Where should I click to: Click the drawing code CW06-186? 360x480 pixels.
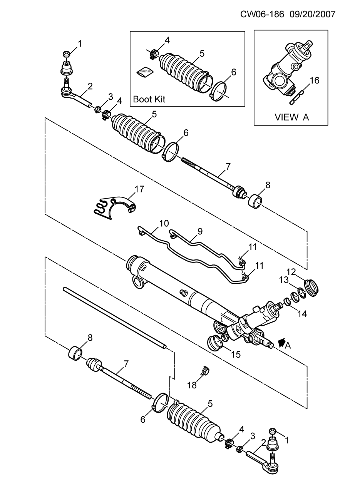point(262,14)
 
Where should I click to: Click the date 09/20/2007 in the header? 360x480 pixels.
point(312,14)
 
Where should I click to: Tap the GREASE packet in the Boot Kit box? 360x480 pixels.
point(145,72)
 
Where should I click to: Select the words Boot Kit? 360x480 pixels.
point(149,99)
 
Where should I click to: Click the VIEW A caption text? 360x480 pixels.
point(291,117)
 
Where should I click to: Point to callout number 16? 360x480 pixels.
point(315,80)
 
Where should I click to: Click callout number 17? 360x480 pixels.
point(139,189)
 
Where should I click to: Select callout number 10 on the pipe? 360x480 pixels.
point(164,224)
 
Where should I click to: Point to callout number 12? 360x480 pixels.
point(291,272)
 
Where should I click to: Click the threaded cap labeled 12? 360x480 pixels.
point(311,288)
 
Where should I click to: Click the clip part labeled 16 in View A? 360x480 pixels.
point(296,97)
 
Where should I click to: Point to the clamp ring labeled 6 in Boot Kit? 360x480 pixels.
point(219,91)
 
